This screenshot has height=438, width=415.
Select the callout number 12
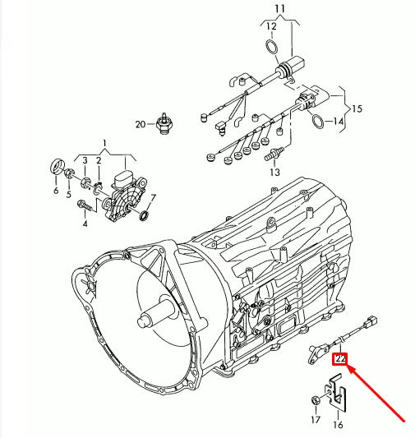pos(271,28)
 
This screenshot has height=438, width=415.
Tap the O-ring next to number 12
pos(271,48)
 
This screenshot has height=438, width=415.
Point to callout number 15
pos(357,108)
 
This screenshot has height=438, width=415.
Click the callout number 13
pos(274,173)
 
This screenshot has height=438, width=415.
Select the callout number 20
pos(141,124)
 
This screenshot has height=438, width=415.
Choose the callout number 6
pos(56,191)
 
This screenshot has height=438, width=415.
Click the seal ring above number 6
pos(58,168)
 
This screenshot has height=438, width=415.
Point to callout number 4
pos(84,222)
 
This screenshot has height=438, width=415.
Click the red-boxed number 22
pos(339,357)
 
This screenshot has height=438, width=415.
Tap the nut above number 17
pos(316,400)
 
